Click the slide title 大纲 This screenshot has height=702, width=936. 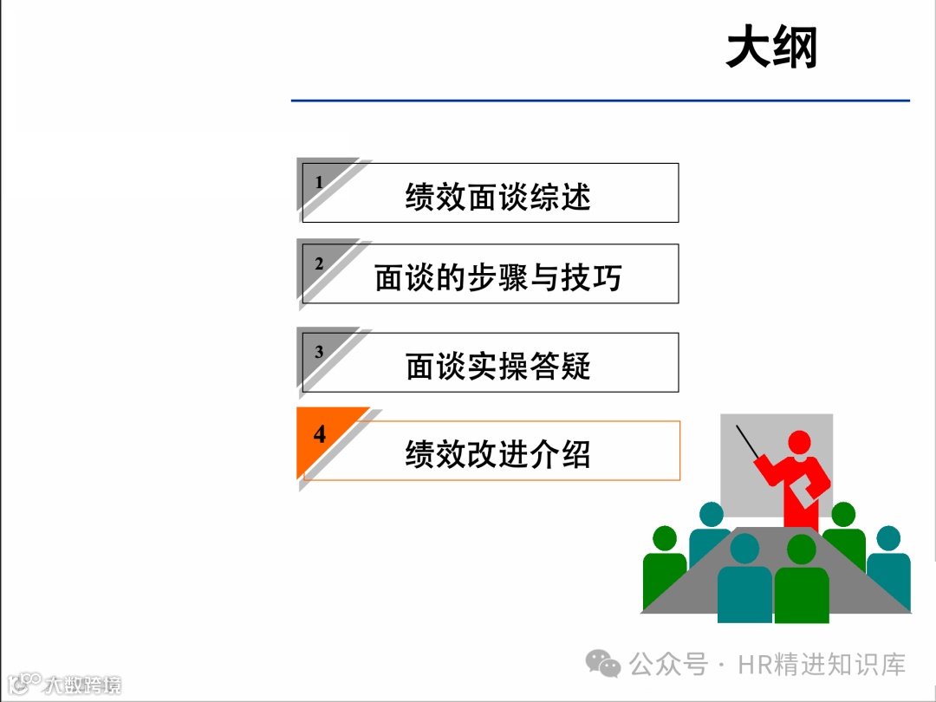point(771,48)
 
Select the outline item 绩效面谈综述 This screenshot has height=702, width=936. point(497,197)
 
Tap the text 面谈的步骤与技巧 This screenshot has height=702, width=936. point(497,277)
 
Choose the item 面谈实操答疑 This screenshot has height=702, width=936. point(497,367)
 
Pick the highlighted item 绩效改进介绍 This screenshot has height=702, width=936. point(497,454)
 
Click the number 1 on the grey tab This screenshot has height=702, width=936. point(319,183)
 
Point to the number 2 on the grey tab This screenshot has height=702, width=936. point(319,263)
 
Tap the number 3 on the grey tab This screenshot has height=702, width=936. point(319,352)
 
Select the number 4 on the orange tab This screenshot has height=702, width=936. point(320,433)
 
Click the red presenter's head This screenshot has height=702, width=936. point(799,442)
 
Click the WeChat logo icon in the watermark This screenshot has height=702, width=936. point(603,665)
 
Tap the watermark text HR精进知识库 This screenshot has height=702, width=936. point(822,665)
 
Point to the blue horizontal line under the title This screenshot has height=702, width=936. point(600,101)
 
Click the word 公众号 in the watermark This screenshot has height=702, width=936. point(667,665)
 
